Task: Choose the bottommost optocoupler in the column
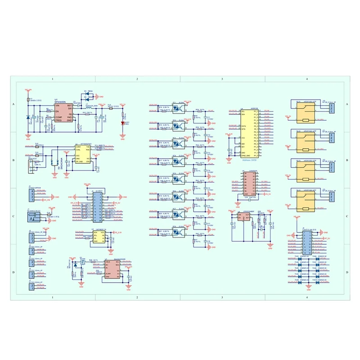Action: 177,232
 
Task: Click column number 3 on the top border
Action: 222,79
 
